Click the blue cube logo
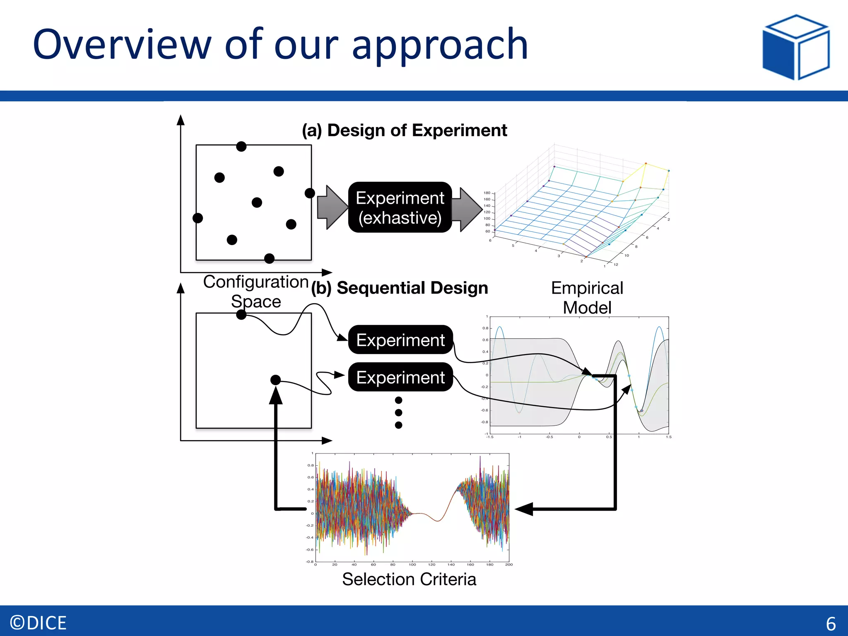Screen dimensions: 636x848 click(x=796, y=47)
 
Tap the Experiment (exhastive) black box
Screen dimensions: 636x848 click(x=400, y=207)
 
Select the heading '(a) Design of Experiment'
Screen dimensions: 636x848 click(x=404, y=130)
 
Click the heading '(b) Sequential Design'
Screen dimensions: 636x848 click(x=400, y=288)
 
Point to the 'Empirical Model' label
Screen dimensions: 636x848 click(x=587, y=298)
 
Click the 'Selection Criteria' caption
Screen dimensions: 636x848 click(x=409, y=579)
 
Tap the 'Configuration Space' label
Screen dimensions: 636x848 click(x=256, y=291)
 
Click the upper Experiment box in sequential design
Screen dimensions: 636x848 click(x=400, y=340)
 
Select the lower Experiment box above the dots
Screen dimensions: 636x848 click(x=400, y=377)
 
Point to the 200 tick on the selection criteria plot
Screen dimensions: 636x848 click(x=509, y=564)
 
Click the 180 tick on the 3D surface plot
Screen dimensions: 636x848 click(x=487, y=193)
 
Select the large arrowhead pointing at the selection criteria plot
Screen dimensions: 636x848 click(x=524, y=509)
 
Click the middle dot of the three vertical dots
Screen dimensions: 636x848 click(x=398, y=412)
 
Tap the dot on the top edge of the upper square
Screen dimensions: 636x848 click(x=241, y=146)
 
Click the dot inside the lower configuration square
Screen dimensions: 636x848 click(x=275, y=380)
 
